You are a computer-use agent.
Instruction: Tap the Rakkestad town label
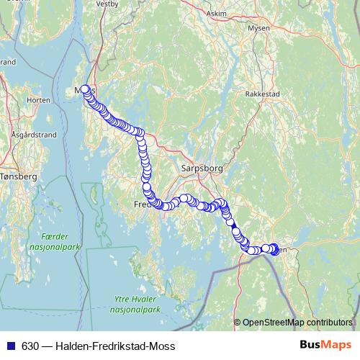261,94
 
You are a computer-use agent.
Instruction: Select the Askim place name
215,14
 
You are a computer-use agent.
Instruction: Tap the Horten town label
37,100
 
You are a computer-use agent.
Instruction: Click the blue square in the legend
9,346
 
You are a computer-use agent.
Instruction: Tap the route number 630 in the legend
30,346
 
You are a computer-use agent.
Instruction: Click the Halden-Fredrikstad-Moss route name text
114,346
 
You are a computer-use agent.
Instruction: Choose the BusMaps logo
325,346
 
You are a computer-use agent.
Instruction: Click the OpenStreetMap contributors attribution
298,323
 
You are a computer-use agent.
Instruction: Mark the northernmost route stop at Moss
85,89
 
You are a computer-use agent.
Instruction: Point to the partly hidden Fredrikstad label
140,204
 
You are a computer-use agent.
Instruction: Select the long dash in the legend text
47,346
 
